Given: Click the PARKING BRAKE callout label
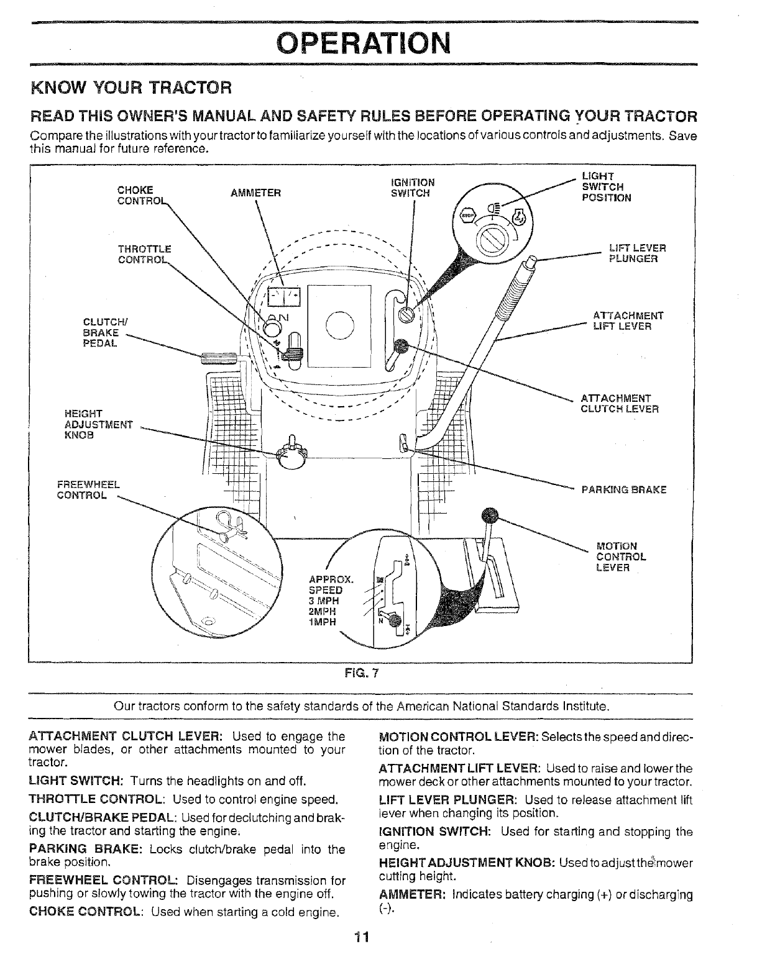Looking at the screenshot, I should pyautogui.click(x=623, y=489).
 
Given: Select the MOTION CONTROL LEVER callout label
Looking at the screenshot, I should pyautogui.click(x=620, y=556).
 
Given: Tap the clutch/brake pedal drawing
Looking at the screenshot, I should pyautogui.click(x=218, y=358).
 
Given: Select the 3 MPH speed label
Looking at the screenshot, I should pyautogui.click(x=324, y=601).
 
